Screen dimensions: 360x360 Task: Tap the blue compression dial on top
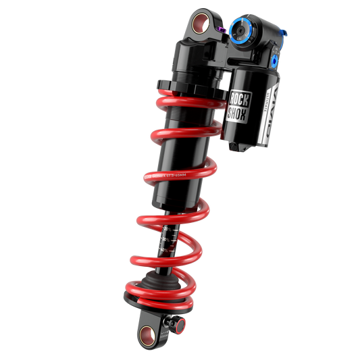point(241,30)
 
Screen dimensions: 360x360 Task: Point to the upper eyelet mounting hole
point(199,26)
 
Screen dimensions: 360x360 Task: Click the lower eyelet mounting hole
point(147,330)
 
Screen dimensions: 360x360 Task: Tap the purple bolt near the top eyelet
point(223,28)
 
